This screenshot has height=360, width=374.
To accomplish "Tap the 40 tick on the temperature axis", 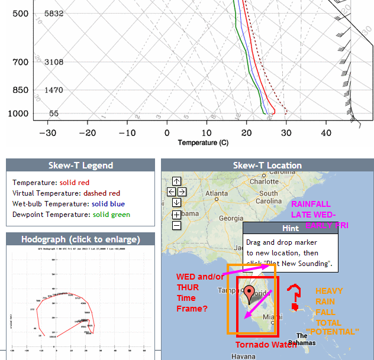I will point(327,133).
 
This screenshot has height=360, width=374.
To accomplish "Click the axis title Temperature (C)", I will point(203,142).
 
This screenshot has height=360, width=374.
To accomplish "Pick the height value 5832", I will point(54,14).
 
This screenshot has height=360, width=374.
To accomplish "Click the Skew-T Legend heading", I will point(80,166).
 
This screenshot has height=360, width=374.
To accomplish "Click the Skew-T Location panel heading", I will point(267,166).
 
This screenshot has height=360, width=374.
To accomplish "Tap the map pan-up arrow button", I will point(176,181).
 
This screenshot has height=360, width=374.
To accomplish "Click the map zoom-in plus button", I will point(176,215).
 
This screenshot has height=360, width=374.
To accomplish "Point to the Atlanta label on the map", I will point(217,193).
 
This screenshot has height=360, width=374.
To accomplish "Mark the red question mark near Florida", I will point(294,297).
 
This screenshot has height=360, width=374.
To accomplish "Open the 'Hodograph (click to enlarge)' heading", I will point(80,239).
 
